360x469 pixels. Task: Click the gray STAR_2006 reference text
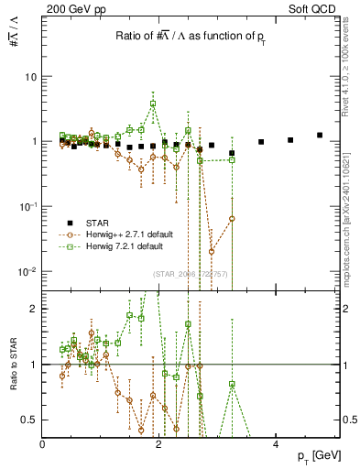click(x=191, y=274)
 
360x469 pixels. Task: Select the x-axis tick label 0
click(x=43, y=444)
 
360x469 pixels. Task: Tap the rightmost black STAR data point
click(x=320, y=135)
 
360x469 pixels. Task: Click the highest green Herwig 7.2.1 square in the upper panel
click(x=153, y=104)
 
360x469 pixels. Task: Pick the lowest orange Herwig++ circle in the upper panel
click(x=212, y=251)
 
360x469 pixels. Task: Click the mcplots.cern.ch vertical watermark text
click(x=351, y=211)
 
